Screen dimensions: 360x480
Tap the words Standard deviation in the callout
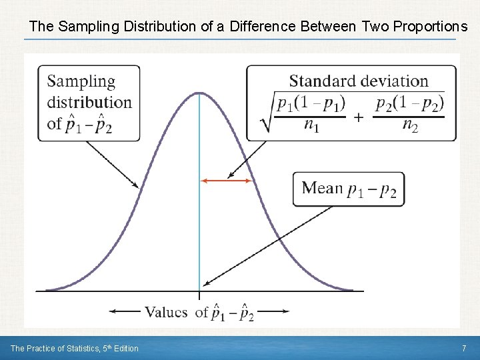(359, 81)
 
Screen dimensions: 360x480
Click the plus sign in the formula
(359, 117)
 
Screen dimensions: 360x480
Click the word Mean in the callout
(322, 188)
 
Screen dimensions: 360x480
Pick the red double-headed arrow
(227, 180)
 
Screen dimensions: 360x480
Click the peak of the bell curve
(199, 93)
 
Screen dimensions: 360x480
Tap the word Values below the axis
(166, 312)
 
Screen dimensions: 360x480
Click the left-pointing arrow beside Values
(123, 311)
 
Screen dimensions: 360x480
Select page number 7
(464, 348)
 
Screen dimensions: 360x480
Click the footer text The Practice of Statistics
(53, 348)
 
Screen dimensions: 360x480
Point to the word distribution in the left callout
(89, 103)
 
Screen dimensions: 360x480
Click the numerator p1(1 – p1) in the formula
(311, 104)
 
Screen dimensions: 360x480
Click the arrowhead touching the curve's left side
(137, 186)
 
